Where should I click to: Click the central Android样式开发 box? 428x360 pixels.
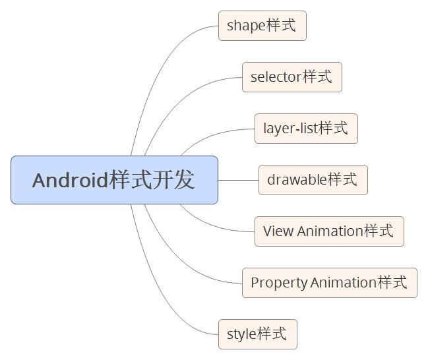click(114, 180)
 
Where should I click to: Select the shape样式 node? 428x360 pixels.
click(262, 26)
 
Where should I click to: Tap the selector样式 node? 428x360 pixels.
click(291, 77)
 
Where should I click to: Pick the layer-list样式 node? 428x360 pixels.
click(306, 129)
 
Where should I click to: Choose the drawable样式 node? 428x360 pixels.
click(313, 180)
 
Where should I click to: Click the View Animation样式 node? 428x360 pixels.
click(329, 231)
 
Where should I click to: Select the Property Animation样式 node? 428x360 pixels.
click(329, 283)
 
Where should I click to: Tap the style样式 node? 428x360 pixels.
click(257, 334)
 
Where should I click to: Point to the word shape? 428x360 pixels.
click(246, 26)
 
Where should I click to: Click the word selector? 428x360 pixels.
click(276, 77)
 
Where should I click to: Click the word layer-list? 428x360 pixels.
click(290, 129)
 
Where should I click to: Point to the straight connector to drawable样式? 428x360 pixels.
click(238, 180)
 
